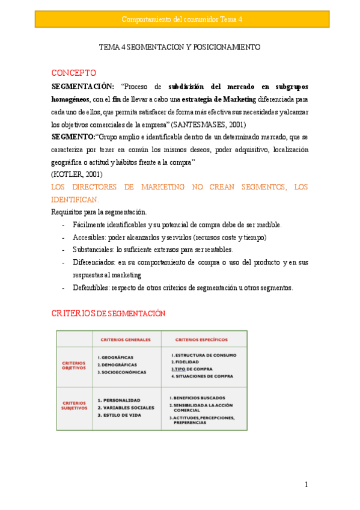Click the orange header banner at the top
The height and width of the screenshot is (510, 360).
point(182,19)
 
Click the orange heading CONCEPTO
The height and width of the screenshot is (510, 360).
point(73,72)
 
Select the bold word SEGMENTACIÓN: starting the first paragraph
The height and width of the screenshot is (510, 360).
point(83,86)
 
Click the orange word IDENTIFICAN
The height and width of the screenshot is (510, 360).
point(74,199)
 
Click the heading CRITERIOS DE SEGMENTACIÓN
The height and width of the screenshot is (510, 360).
point(108,313)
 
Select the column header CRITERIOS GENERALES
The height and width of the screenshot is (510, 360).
point(126,339)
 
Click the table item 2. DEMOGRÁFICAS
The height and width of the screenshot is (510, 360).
point(117,364)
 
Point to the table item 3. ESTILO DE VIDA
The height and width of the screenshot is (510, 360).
point(120,415)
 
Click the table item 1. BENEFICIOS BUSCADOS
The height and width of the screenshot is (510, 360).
point(197,398)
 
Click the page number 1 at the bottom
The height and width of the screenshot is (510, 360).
point(306,485)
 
